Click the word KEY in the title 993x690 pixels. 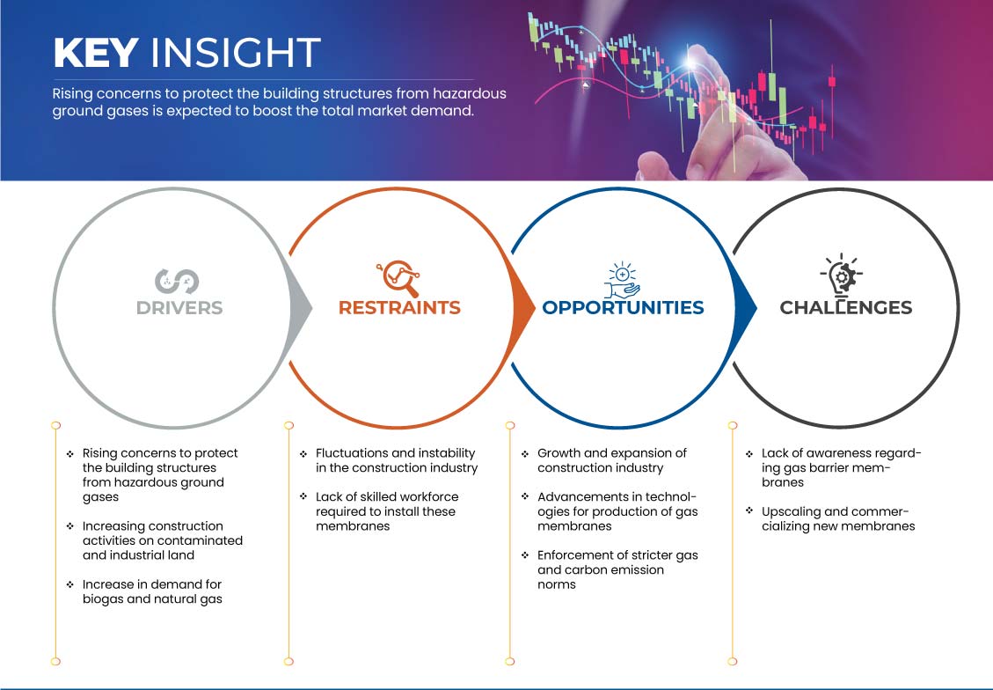point(96,52)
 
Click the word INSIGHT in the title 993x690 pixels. point(236,52)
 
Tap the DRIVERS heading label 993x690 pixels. point(179,308)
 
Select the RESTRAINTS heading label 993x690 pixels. point(399,308)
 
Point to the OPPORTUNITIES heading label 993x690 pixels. point(624,308)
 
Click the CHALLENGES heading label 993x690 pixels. point(846,308)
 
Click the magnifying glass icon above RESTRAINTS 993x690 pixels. point(398,278)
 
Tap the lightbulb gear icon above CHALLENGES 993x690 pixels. point(842,275)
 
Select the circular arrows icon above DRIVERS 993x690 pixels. point(178,282)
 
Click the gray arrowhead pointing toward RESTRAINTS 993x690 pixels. point(302,309)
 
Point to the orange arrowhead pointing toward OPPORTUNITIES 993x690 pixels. point(523,309)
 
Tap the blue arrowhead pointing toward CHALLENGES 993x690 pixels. point(745,309)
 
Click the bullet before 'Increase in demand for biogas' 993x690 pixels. point(69,584)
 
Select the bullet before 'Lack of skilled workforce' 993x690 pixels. point(303,496)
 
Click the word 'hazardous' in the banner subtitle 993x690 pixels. point(470,94)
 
